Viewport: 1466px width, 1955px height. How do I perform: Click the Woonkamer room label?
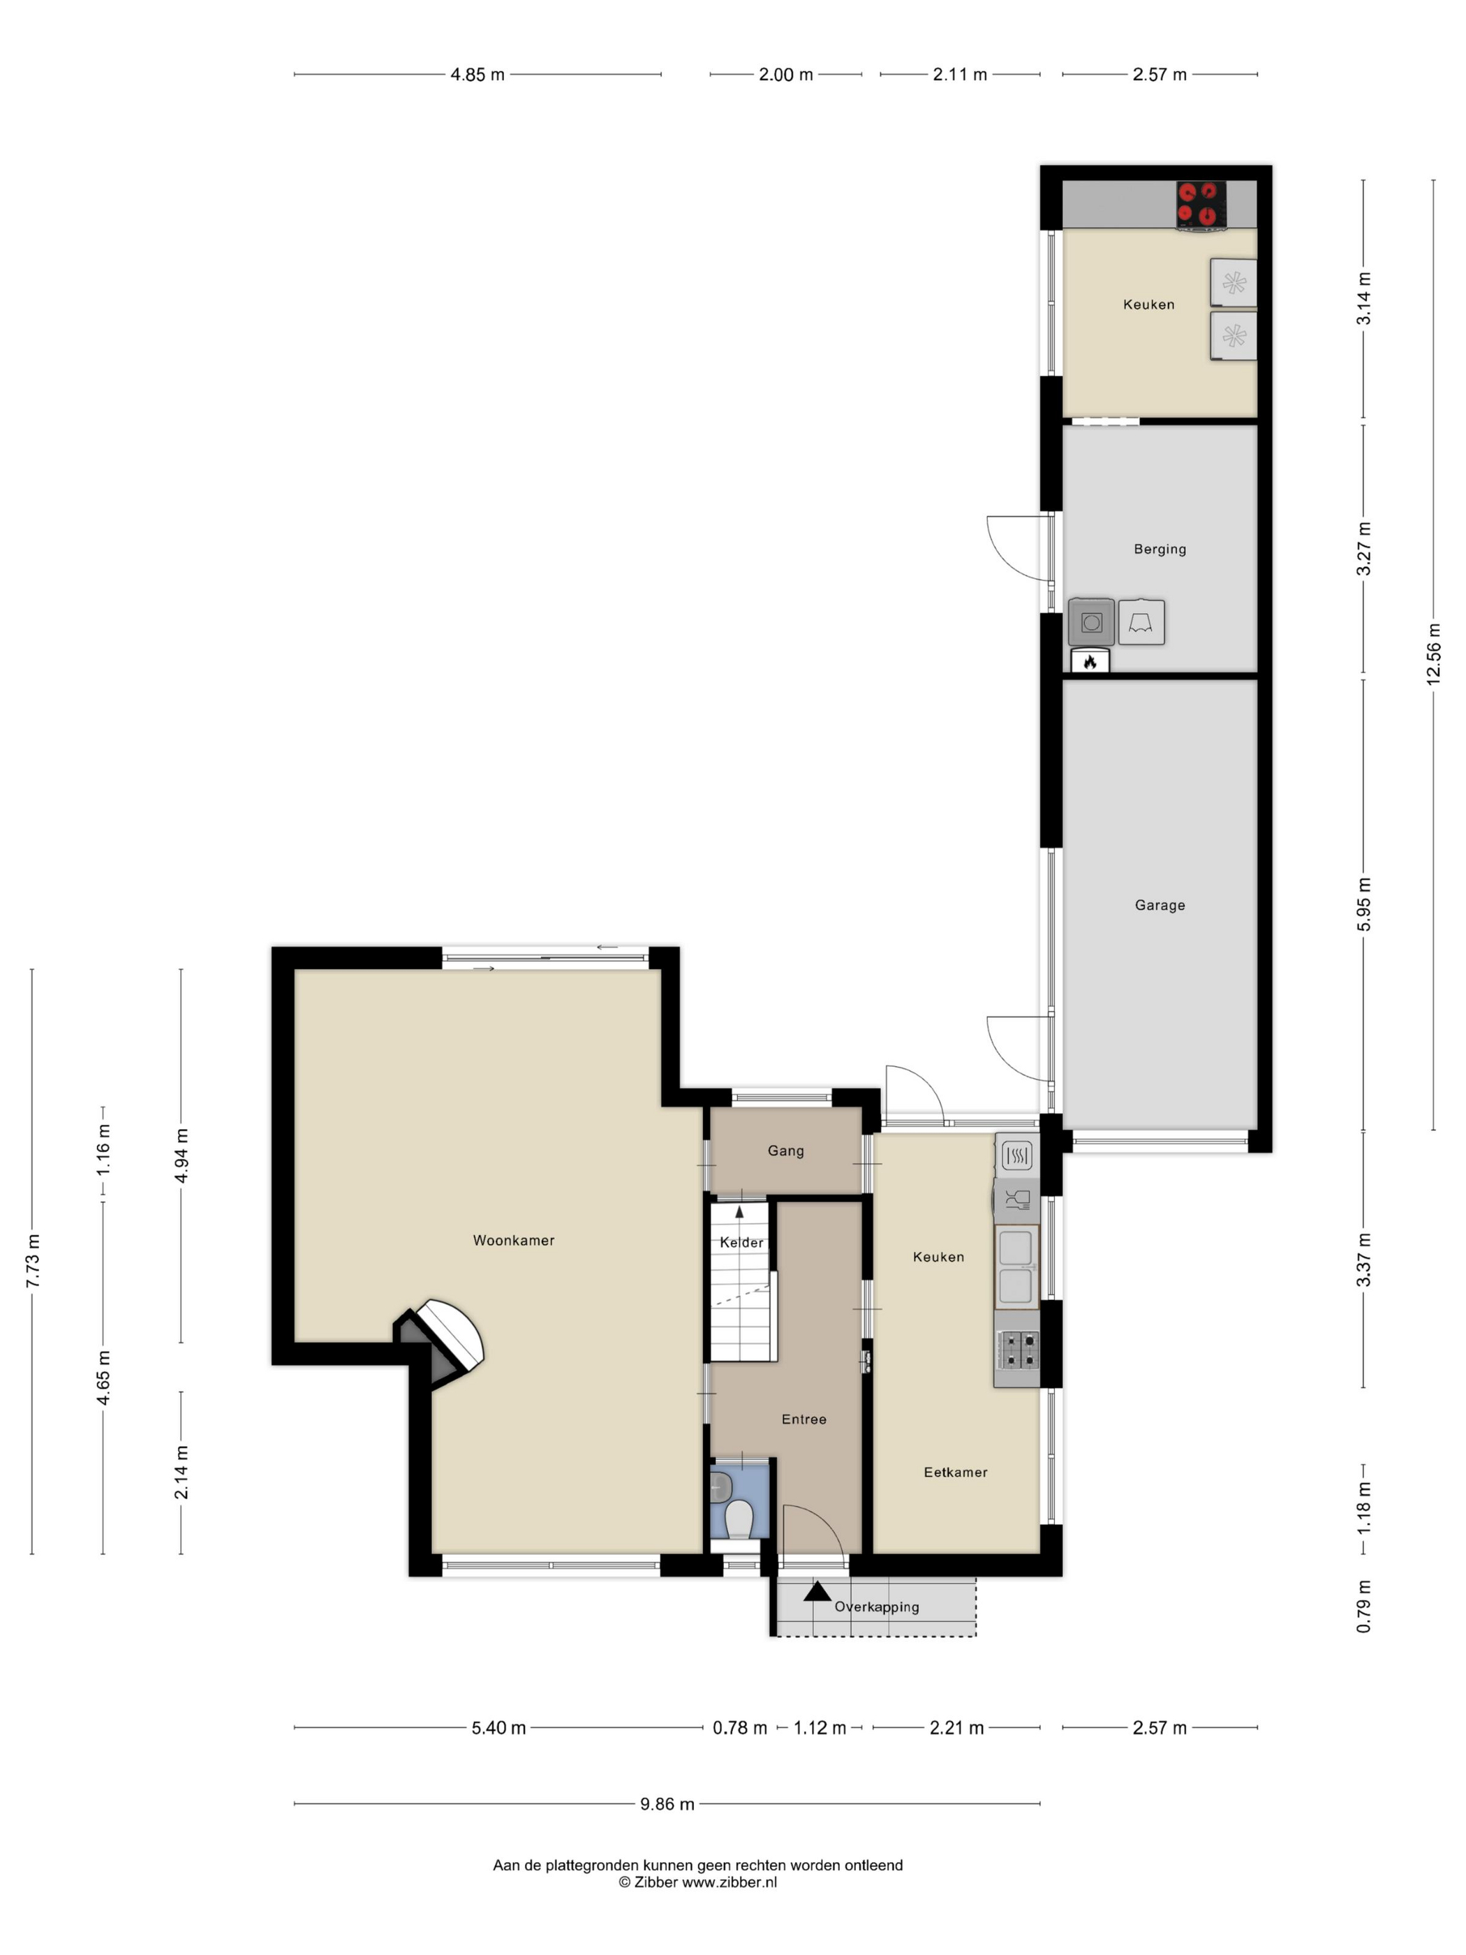(x=513, y=1240)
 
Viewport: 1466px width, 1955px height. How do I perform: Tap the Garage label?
(x=1160, y=905)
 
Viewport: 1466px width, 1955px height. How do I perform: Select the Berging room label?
(x=1160, y=549)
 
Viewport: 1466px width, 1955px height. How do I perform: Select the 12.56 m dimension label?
(x=1432, y=654)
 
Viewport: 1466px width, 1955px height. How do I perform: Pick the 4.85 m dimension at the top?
(x=477, y=74)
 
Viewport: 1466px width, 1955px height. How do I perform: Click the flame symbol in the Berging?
(x=1090, y=661)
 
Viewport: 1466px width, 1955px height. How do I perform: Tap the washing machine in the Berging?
(x=1091, y=622)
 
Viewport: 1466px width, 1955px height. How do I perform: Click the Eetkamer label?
(x=955, y=1472)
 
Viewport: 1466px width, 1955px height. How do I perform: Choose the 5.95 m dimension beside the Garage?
(x=1363, y=904)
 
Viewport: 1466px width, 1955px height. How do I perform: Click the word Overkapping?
(x=877, y=1607)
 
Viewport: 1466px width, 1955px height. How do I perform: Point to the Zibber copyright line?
(x=698, y=1882)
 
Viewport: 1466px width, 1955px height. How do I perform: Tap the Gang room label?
(x=785, y=1151)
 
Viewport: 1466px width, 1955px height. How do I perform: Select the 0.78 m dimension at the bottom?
(x=739, y=1727)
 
